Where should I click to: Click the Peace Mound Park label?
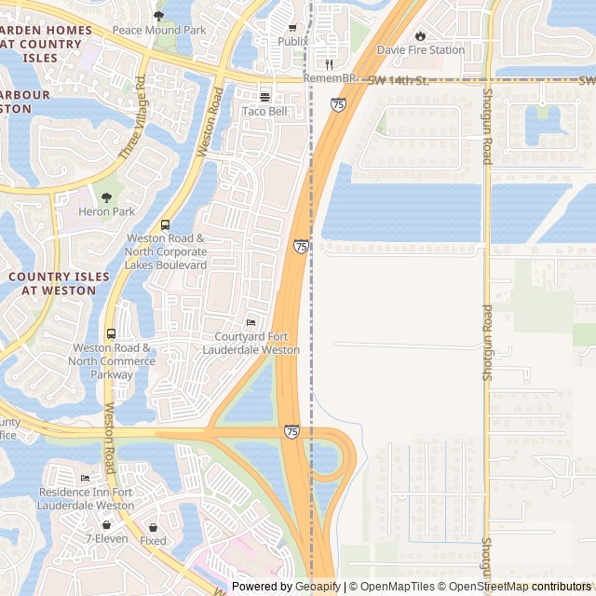tap(158, 31)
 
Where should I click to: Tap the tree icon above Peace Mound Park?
tap(158, 16)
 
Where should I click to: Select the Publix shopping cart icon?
tap(292, 28)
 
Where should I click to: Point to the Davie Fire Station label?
tap(420, 49)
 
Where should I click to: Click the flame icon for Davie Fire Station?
tap(420, 35)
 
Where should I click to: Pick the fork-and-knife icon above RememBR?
tap(330, 64)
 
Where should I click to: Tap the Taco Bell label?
tap(264, 111)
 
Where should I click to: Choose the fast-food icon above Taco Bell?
tap(264, 97)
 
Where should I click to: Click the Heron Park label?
tap(107, 211)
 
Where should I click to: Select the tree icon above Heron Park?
tap(106, 197)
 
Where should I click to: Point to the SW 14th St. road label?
tap(398, 81)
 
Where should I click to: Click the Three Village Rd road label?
tap(131, 118)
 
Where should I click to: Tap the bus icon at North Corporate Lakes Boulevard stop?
tap(166, 225)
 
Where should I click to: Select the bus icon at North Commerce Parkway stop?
tap(112, 334)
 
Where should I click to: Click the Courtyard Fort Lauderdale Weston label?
tap(251, 343)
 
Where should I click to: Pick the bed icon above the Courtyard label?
tap(251, 322)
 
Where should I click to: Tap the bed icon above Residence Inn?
tap(86, 479)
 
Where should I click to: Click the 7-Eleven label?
tap(106, 538)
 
